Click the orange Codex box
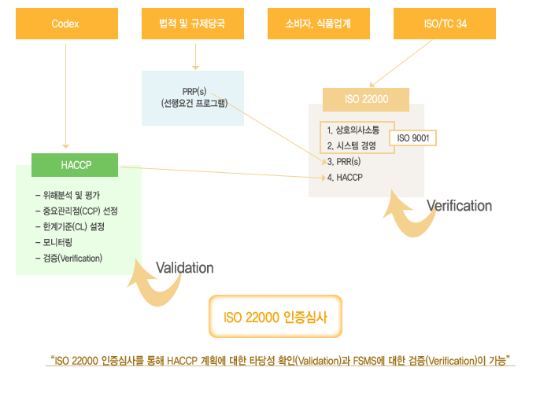(x=67, y=24)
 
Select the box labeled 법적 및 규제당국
(x=193, y=24)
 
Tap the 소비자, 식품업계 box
(x=318, y=24)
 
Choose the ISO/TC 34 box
(x=445, y=24)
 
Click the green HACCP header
(x=75, y=165)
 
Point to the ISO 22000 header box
(x=366, y=100)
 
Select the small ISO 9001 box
(x=413, y=138)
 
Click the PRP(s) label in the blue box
(x=194, y=92)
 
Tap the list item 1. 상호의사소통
(x=353, y=130)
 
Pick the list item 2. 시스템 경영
(x=351, y=145)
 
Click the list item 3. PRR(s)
(x=344, y=161)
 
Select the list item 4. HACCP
(x=345, y=178)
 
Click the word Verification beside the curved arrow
(x=459, y=206)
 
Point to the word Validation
(x=185, y=268)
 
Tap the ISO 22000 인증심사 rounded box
(x=275, y=317)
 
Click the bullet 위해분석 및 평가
(x=68, y=195)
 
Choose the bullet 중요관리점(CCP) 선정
(x=76, y=211)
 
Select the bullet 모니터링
(x=54, y=242)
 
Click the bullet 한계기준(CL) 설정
(x=70, y=226)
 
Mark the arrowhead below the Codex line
(x=65, y=146)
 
